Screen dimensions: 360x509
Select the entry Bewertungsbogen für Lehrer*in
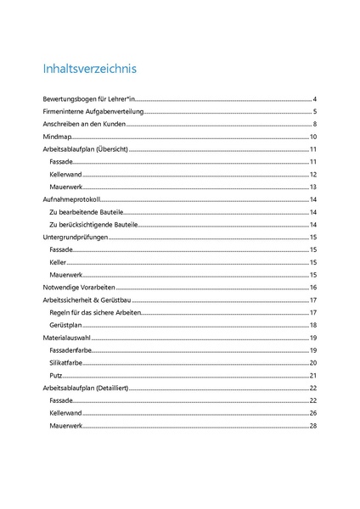(89, 100)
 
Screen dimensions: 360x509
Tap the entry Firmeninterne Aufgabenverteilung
(94, 112)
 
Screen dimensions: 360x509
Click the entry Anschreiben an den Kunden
(84, 124)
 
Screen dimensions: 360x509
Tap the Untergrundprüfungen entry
(78, 238)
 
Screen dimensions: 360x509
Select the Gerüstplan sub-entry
(65, 326)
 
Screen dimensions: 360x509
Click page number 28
(312, 425)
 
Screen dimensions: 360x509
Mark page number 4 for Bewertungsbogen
(314, 100)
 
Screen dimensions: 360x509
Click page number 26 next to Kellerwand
(312, 413)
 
